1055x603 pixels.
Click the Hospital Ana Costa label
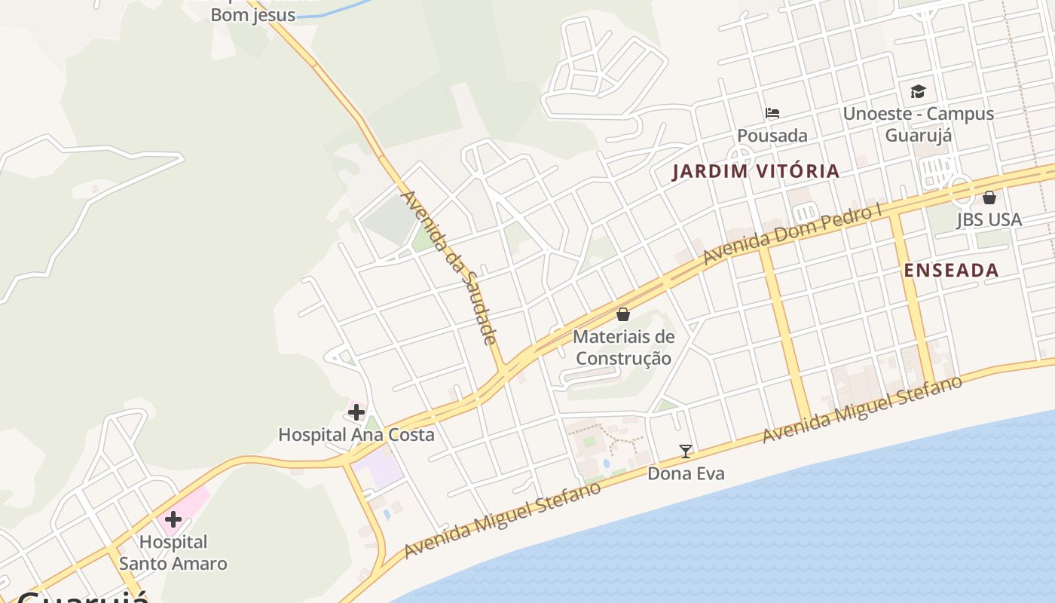(x=356, y=435)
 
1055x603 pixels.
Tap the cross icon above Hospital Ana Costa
(x=356, y=412)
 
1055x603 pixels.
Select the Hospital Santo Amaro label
(x=173, y=552)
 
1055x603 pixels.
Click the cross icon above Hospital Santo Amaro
(x=173, y=519)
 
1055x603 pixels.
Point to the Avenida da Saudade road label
(x=448, y=268)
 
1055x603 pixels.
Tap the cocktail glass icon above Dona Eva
(x=686, y=451)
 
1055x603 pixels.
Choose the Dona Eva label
(x=686, y=473)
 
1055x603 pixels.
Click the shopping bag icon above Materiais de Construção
(x=623, y=314)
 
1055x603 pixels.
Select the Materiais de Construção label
(x=623, y=347)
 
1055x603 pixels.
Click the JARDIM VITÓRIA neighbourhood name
(x=756, y=171)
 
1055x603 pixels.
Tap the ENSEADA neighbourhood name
(x=951, y=271)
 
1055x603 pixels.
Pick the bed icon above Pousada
(x=772, y=114)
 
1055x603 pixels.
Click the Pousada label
(x=772, y=136)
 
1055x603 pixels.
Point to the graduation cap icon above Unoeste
(x=918, y=92)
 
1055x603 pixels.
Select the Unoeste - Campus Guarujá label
(x=919, y=124)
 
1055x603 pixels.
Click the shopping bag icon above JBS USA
(x=989, y=197)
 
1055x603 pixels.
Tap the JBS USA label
(x=989, y=220)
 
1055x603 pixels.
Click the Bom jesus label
(x=252, y=15)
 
